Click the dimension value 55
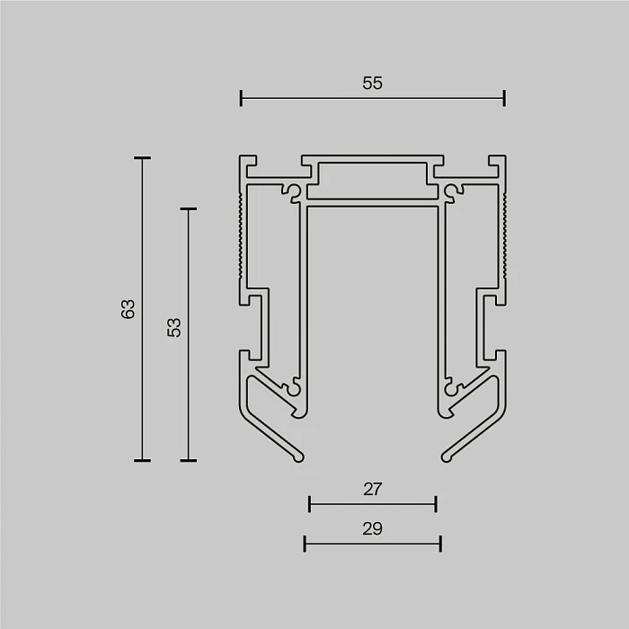click(373, 84)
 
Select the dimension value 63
click(128, 309)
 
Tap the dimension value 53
click(174, 327)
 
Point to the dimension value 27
click(373, 490)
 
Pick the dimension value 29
click(373, 528)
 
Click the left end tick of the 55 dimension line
click(241, 98)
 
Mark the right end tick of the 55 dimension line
click(504, 98)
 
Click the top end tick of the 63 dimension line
click(142, 158)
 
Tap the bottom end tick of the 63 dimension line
click(142, 460)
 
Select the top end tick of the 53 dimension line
click(188, 209)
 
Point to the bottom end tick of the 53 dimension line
click(188, 460)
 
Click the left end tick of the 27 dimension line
click(309, 504)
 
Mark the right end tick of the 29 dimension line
click(440, 543)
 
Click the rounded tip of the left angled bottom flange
click(298, 456)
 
